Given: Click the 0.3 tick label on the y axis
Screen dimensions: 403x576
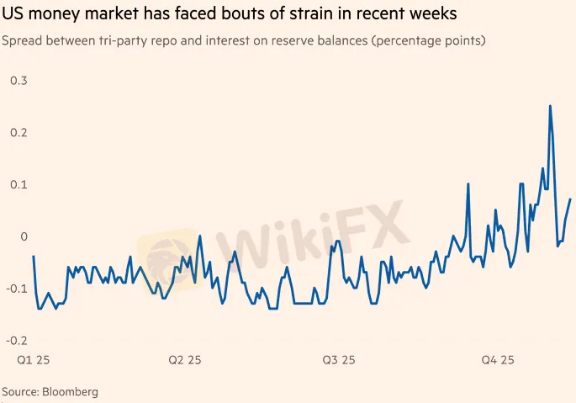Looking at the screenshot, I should (x=18, y=80).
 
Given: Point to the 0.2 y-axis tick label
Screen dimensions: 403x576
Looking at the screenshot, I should (x=18, y=132).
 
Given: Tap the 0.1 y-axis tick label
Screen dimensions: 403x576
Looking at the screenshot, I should (x=18, y=184).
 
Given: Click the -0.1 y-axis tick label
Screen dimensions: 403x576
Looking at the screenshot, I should (x=16, y=289).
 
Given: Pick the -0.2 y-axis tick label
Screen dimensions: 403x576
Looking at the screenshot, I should (x=16, y=340).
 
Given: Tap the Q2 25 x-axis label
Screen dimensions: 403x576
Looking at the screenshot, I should (x=184, y=360).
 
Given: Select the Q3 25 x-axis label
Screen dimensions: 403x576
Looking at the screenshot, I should (x=339, y=360).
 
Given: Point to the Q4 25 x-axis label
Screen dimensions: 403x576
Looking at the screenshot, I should (x=497, y=360).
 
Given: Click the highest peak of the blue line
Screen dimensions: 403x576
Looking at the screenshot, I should (x=550, y=106).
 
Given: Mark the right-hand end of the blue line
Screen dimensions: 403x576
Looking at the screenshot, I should (x=570, y=199).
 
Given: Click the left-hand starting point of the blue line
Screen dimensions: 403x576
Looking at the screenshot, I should (x=33, y=256).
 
